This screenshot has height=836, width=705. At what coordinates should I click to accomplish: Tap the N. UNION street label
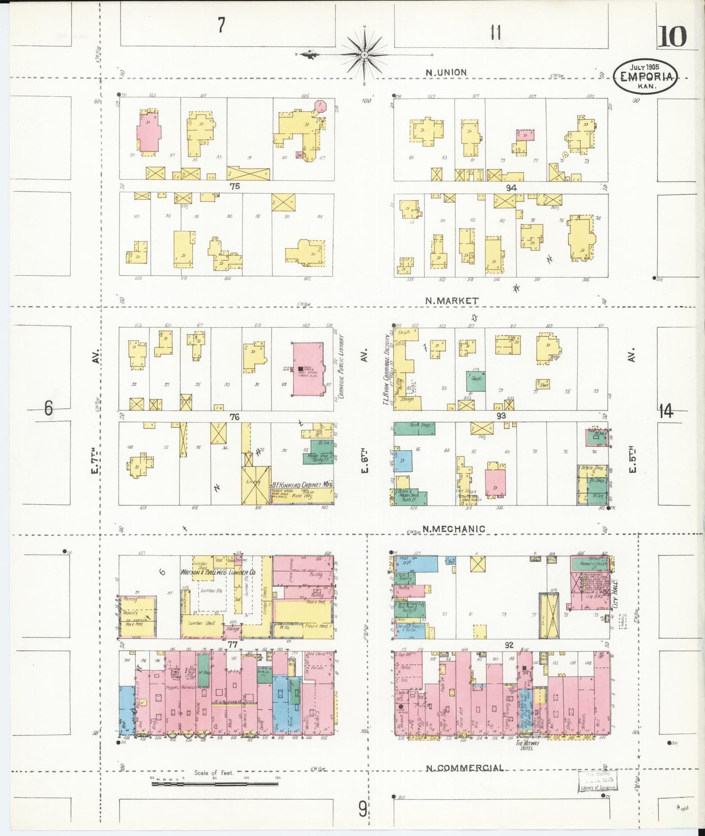[446, 73]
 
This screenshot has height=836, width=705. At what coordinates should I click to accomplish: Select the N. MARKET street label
[451, 301]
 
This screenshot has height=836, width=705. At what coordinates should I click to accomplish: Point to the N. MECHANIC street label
[454, 529]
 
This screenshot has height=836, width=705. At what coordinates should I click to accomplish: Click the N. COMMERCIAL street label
[464, 768]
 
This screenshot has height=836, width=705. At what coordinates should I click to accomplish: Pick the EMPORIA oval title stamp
[646, 77]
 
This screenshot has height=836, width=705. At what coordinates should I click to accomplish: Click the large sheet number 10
[673, 37]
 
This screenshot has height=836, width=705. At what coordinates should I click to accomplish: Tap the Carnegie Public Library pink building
[308, 369]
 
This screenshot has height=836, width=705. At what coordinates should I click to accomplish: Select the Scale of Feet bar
[215, 783]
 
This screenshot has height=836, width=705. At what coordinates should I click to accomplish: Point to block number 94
[511, 188]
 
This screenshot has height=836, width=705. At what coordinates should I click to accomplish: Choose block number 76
[235, 417]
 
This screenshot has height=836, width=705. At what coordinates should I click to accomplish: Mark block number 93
[501, 416]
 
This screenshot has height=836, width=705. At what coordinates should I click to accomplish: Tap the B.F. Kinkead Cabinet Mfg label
[302, 485]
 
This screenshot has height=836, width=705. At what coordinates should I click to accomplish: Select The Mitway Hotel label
[527, 745]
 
